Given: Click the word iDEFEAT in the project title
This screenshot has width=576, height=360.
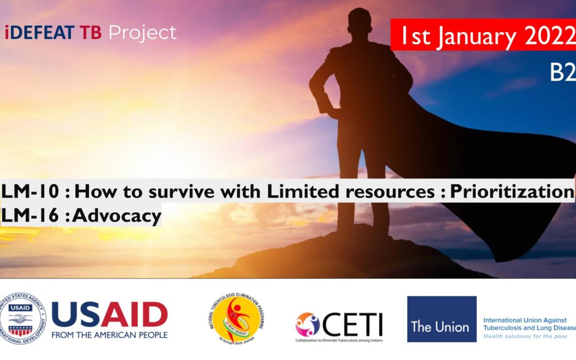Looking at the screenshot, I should click(x=39, y=33).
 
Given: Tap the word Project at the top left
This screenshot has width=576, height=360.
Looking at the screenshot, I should click(x=142, y=33).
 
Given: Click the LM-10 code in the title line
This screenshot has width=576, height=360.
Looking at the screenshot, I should click(x=29, y=191).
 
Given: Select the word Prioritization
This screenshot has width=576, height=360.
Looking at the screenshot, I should click(x=511, y=191).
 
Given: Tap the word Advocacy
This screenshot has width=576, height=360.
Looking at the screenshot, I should click(x=117, y=215).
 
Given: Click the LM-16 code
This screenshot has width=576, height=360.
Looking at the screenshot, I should click(x=29, y=215).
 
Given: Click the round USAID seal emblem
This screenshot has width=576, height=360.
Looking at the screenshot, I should click(x=22, y=318).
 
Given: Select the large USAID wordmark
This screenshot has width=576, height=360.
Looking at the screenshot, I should click(x=109, y=315).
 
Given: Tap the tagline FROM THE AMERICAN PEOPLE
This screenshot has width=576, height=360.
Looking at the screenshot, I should click(x=109, y=335).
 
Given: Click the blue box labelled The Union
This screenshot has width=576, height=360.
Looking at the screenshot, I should click(x=442, y=319).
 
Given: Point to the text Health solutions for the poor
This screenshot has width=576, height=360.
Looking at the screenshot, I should click(x=526, y=337).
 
